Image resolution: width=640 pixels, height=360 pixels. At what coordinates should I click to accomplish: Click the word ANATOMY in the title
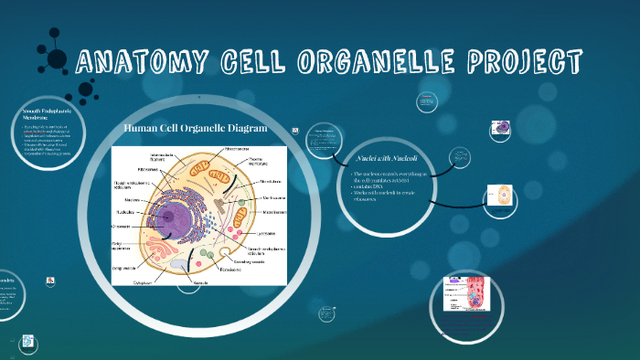click(138, 62)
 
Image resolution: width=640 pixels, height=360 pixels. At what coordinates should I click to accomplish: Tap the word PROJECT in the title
click(525, 62)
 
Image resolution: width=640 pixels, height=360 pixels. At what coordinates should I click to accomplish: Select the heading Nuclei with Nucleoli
click(382, 158)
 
